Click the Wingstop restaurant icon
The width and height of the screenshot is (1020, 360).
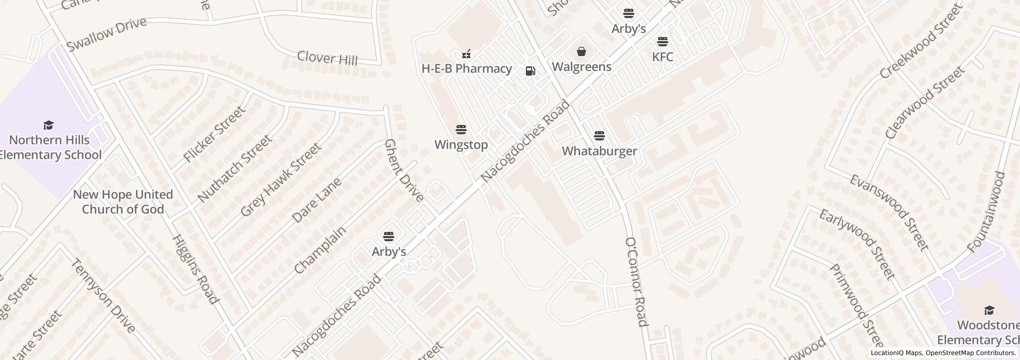(461, 130)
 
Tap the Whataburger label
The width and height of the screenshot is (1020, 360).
(599, 151)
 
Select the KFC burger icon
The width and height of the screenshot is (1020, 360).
(662, 42)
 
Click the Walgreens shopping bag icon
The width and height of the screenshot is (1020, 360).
(581, 51)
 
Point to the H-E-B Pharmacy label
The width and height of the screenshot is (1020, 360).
(466, 68)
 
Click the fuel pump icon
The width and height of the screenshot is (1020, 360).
(530, 71)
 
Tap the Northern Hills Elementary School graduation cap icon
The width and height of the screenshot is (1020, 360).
(49, 125)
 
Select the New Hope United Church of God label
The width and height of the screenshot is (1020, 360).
(123, 202)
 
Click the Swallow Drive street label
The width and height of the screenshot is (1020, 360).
(106, 34)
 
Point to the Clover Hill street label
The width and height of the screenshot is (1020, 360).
(327, 58)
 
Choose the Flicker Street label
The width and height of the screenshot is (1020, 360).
(214, 134)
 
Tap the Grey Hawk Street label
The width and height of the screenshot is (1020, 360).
(280, 179)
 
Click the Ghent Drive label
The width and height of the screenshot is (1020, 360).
(404, 170)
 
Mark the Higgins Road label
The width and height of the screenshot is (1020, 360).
(195, 269)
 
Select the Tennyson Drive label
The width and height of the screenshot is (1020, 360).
(103, 295)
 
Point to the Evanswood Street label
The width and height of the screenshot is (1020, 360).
(888, 212)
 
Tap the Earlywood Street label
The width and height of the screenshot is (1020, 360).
(857, 244)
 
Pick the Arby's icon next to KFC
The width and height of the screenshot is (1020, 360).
(629, 13)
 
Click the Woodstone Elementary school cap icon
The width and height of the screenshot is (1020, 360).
(989, 310)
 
